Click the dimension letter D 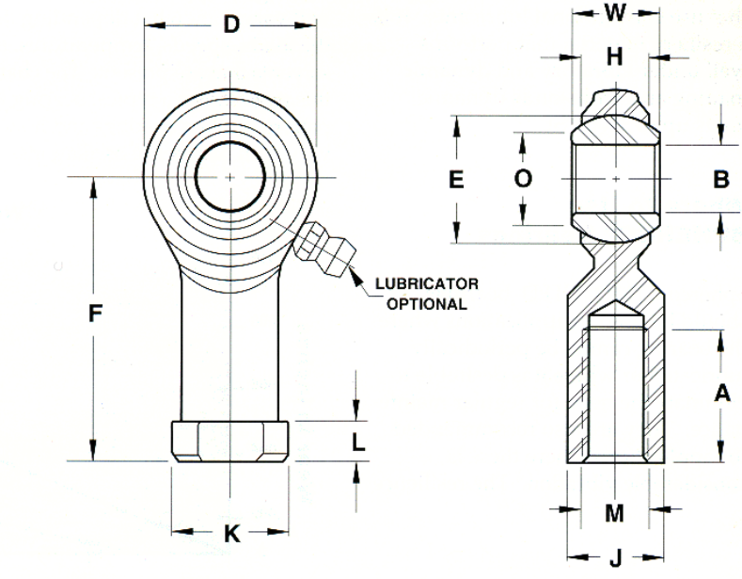[231, 24]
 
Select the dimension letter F [96, 314]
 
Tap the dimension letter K [232, 534]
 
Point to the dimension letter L [358, 442]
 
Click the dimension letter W [615, 13]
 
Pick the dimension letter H [614, 56]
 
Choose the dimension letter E [456, 180]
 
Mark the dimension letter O [523, 179]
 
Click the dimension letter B [720, 179]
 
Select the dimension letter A [721, 393]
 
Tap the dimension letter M [614, 513]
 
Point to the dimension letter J [615, 559]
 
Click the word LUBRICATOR [427, 283]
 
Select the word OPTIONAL [427, 304]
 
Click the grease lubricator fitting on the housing [324, 249]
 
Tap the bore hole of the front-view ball [230, 177]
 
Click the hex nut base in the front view [230, 442]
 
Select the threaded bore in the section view [615, 394]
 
